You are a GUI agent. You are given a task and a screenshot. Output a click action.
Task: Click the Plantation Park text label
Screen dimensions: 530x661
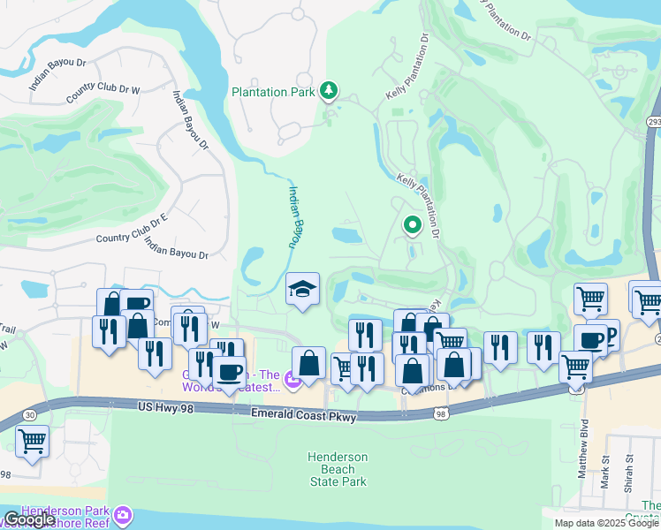coord(272,92)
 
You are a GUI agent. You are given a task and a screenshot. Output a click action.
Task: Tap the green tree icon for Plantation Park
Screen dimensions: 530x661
coord(329,90)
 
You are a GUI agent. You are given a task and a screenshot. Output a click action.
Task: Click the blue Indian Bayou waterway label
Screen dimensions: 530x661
coord(294,216)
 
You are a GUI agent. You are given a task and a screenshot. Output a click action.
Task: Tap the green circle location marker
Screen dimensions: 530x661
coord(412,226)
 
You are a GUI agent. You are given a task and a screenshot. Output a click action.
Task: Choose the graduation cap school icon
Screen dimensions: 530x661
coord(302,290)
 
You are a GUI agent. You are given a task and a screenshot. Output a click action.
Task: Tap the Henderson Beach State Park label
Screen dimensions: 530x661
coord(338,469)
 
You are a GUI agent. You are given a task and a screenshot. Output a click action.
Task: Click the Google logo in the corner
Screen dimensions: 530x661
coord(29,519)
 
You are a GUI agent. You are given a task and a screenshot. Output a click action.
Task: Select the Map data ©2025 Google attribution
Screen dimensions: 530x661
coord(606,523)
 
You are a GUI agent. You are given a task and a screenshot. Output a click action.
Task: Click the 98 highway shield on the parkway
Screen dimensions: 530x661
coord(451,411)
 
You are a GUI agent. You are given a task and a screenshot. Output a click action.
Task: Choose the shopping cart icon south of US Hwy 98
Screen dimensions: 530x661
coord(33,441)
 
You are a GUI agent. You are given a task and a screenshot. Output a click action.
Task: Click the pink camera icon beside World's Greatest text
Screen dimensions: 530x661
coord(293,381)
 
